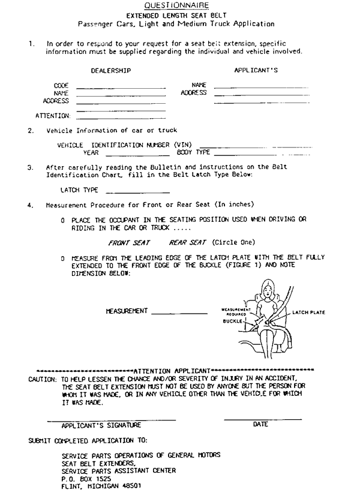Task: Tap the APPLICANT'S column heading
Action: [255, 71]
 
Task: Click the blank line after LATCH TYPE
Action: [137, 193]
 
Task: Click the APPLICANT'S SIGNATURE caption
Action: [102, 425]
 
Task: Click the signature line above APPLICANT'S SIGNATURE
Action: [111, 419]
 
